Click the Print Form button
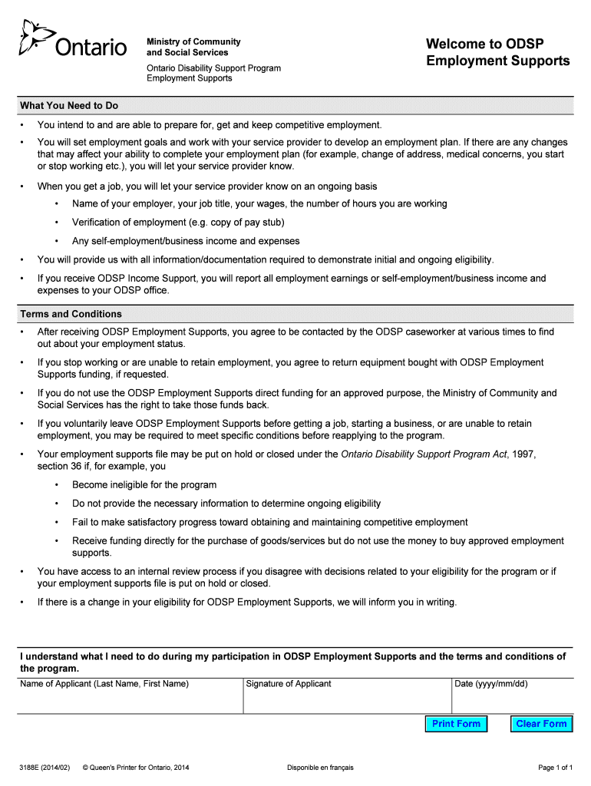pos(456,724)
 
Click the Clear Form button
pos(541,724)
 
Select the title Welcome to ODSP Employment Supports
pos(497,52)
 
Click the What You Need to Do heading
pos(69,106)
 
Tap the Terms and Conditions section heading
pos(71,314)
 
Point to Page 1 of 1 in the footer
pos(556,768)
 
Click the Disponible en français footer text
pos(320,768)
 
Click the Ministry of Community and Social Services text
pos(193,47)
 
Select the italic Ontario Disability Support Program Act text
pos(424,454)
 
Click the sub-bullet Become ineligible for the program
pos(144,485)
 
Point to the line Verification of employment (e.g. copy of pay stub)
pos(178,223)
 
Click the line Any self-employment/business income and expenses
pos(186,241)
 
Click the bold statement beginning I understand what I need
pos(292,662)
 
